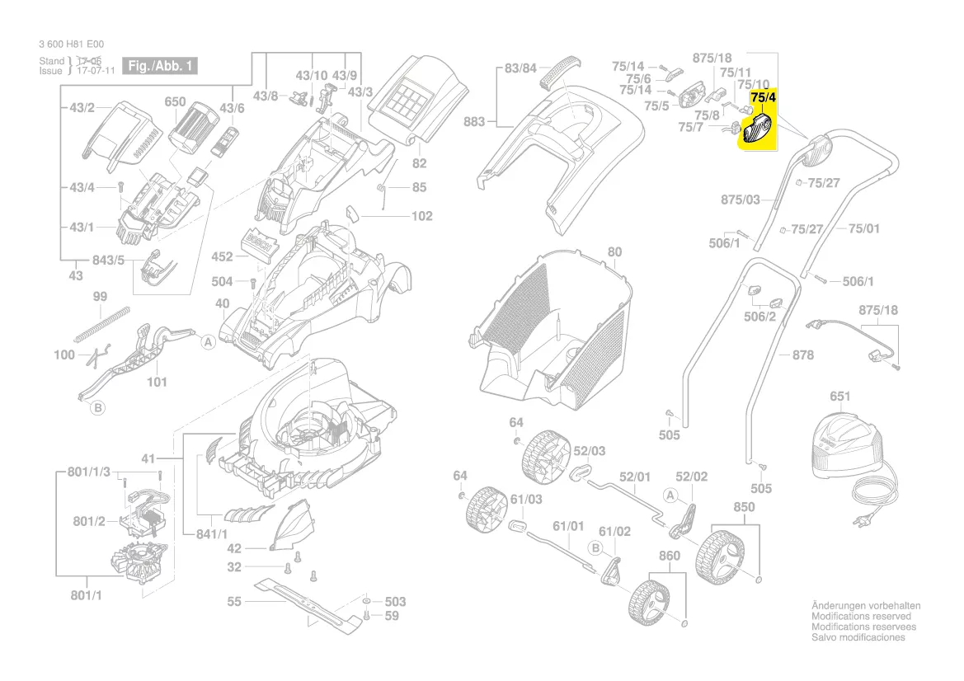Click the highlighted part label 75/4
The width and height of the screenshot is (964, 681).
[763, 97]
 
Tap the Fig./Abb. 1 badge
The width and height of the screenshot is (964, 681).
[159, 66]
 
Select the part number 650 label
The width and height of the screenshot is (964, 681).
[175, 102]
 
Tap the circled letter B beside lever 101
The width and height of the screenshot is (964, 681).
[97, 408]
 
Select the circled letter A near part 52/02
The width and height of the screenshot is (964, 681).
[671, 495]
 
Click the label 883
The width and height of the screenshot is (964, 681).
[474, 122]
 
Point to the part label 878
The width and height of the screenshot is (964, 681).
[802, 355]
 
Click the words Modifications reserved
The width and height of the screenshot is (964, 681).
[861, 616]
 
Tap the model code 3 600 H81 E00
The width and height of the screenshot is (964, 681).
[71, 45]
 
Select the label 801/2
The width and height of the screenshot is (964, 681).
[89, 521]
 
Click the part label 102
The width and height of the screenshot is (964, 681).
[421, 217]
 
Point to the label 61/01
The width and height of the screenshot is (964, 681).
[567, 526]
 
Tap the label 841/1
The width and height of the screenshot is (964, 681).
[213, 535]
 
